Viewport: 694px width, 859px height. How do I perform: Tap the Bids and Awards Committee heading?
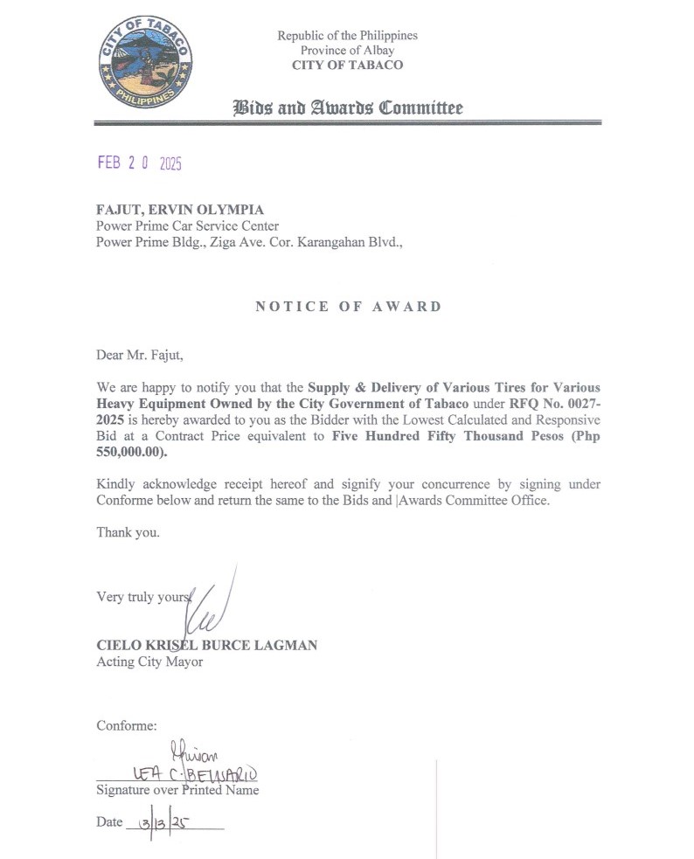347,108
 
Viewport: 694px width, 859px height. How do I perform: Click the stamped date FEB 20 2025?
139,163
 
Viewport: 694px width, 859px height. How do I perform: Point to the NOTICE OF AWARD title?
348,307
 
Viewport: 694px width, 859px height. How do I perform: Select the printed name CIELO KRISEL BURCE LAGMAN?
206,645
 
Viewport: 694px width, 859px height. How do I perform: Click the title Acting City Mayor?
149,662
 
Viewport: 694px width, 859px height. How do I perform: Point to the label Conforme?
127,725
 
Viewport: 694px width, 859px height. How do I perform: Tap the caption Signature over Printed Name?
177,790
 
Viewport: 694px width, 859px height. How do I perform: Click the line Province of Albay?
347,51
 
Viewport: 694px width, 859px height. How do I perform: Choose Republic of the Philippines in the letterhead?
347,36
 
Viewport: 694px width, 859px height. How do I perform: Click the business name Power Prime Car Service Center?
187,226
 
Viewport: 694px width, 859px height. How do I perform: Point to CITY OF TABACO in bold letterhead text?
347,66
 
